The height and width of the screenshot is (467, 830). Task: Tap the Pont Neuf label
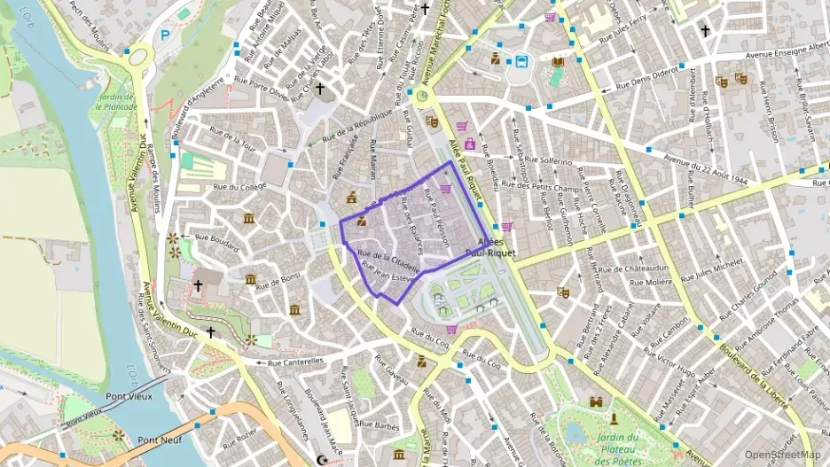point(161,440)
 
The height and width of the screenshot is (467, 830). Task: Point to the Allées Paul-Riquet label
point(497,247)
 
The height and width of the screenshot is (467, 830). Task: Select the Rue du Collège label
point(239,187)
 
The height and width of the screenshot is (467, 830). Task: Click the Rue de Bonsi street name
point(279,283)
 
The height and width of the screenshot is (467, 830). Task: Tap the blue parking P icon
point(165,36)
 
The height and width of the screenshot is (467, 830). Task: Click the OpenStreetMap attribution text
point(783,455)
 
